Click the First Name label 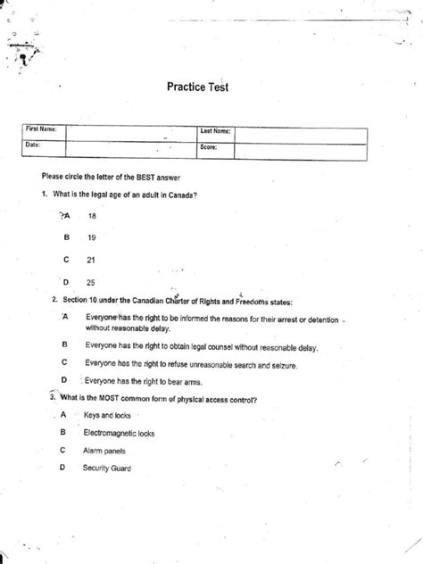[41, 130]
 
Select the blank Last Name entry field [300, 132]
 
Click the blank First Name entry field [130, 132]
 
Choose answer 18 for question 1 [92, 215]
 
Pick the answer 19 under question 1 [92, 237]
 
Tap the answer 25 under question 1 [92, 282]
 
